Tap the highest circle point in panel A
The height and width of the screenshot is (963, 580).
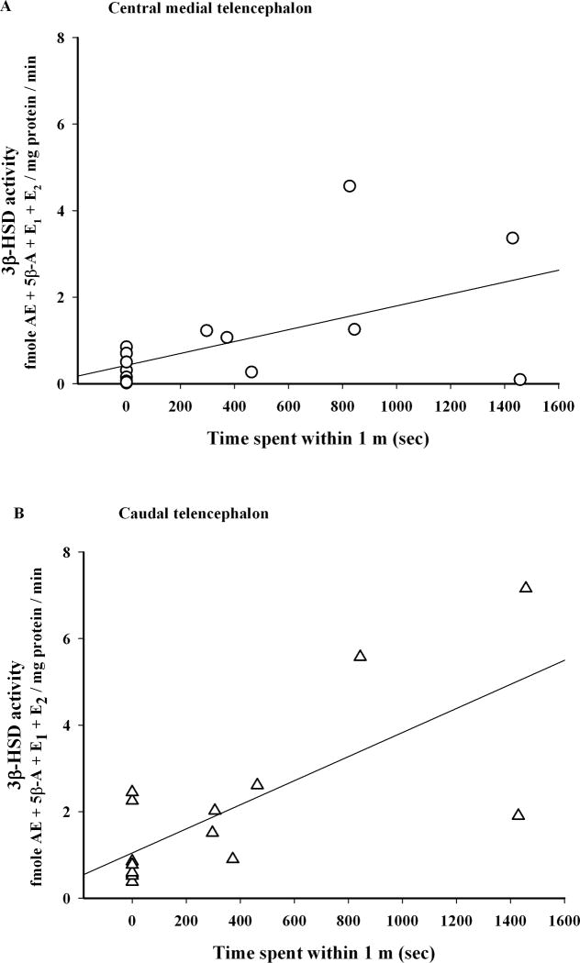coord(349,185)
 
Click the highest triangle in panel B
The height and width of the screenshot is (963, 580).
coord(526,587)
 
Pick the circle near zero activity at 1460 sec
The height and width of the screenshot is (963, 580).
coord(520,380)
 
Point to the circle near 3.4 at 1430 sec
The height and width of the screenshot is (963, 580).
coord(512,238)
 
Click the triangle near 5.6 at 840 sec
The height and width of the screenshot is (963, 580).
coord(360,656)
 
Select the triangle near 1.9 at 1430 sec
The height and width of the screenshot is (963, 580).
coord(519,814)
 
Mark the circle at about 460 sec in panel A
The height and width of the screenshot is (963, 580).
coord(251,371)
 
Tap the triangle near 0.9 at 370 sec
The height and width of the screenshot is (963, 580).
coord(233,858)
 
